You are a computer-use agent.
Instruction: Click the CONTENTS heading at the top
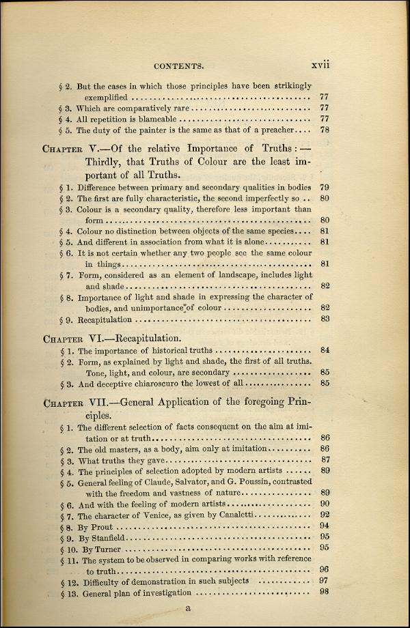pos(179,66)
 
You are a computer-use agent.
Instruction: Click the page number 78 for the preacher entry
pos(325,130)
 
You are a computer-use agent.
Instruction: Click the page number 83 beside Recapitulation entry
pos(325,319)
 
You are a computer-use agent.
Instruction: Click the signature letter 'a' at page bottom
pos(189,609)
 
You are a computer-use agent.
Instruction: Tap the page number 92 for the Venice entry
pos(325,515)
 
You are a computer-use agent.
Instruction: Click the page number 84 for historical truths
pos(325,350)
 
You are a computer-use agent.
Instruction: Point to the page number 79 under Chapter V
pos(325,187)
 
